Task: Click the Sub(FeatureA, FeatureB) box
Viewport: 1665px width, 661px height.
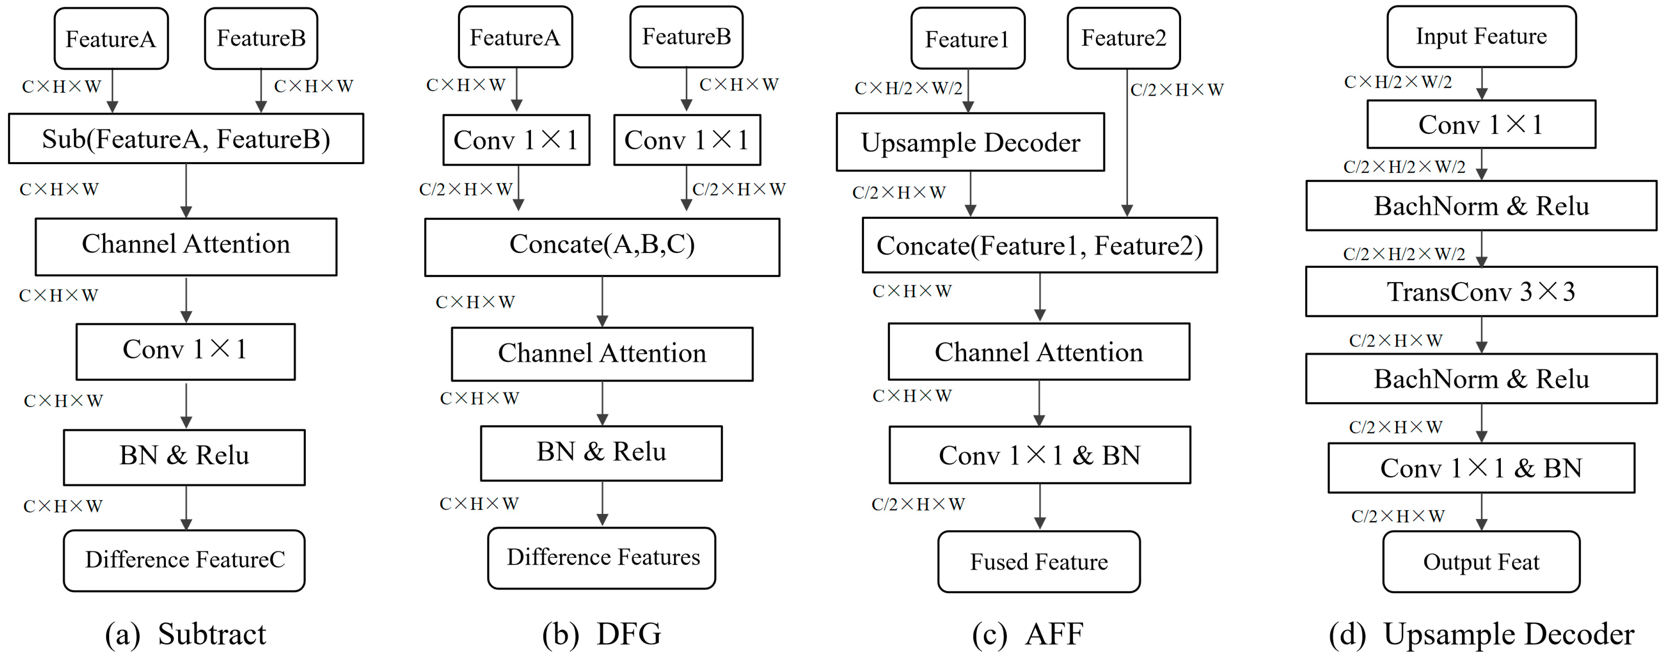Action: click(186, 139)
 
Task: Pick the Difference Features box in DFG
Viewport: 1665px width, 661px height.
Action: click(602, 558)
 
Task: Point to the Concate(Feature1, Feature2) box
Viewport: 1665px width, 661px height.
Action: click(1039, 245)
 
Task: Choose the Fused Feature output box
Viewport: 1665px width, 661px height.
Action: click(1039, 561)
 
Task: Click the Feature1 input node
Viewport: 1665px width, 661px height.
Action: click(968, 39)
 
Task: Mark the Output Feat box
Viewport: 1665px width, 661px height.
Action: click(1481, 561)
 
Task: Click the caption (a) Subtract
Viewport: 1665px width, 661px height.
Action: click(186, 634)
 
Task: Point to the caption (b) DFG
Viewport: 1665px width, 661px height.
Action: click(602, 634)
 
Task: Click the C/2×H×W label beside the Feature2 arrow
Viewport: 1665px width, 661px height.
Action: click(1176, 90)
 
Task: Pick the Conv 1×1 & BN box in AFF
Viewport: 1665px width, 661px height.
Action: click(1039, 455)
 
